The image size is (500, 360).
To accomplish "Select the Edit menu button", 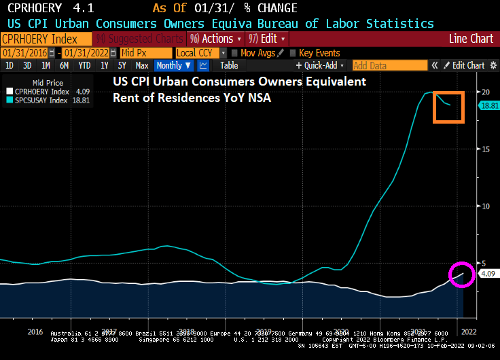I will click(267, 39).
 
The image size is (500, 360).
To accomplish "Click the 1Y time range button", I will click(104, 65).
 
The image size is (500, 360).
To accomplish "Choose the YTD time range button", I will click(84, 65).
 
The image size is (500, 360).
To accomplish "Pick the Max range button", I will click(141, 65).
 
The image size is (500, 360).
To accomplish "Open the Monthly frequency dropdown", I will click(173, 65).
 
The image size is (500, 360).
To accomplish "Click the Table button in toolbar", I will click(229, 65).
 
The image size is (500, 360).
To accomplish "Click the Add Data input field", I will click(389, 65).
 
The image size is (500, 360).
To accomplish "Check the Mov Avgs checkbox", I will click(235, 52).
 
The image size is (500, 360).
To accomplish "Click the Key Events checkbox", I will click(293, 52).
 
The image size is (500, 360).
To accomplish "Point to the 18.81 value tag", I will click(488, 105).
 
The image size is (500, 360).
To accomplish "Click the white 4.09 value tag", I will click(488, 274).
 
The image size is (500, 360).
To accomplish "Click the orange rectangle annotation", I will click(448, 107).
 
